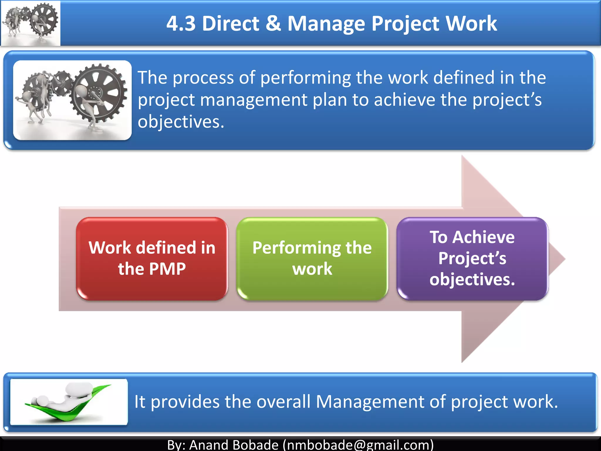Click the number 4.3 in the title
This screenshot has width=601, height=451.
click(181, 23)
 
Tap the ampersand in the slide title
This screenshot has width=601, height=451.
click(273, 23)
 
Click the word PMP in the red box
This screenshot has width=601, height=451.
click(168, 269)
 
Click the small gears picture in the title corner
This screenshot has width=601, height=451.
click(31, 23)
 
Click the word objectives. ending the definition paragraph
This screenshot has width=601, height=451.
click(181, 122)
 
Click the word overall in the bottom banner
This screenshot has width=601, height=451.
click(283, 401)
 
